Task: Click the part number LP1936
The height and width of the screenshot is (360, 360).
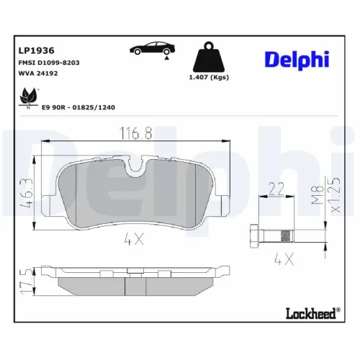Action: click(x=32, y=50)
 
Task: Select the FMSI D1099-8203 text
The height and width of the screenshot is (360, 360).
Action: click(x=48, y=63)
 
